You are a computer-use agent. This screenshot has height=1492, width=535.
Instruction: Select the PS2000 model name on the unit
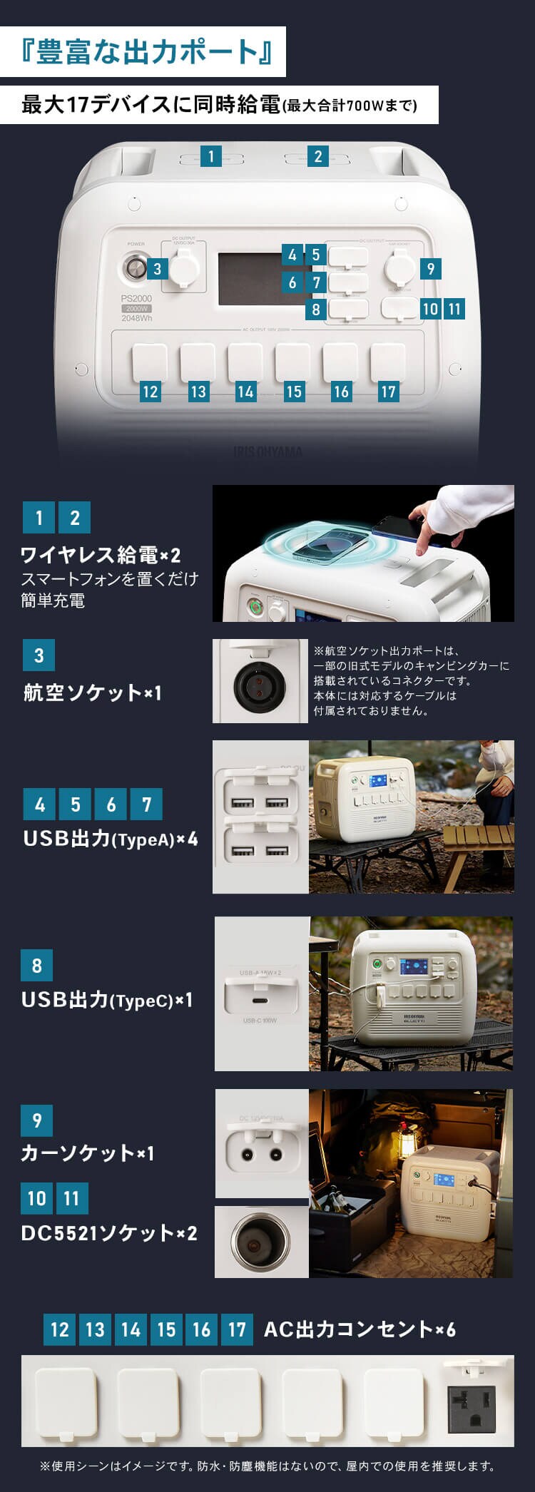pos(136,299)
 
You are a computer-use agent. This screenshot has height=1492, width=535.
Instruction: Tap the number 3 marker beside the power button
pos(157,269)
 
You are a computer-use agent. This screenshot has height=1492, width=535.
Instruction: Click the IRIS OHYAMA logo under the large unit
pos(267,451)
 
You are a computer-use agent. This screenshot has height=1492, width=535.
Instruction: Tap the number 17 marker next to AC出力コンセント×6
pos(237,1329)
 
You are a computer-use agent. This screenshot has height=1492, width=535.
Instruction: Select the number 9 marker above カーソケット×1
pos(37,1120)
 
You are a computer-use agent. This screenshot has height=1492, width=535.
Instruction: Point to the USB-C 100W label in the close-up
pos(260,1021)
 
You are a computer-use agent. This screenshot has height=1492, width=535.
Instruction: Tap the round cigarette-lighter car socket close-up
pos(260,1242)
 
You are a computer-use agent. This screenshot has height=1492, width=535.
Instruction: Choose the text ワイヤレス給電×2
pos(101,555)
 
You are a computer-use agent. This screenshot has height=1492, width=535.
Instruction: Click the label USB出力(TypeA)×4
pos(111,839)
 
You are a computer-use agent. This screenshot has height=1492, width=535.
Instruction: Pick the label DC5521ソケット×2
pos(109,1232)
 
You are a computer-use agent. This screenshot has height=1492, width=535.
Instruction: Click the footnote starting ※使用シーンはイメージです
pos(267,1466)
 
